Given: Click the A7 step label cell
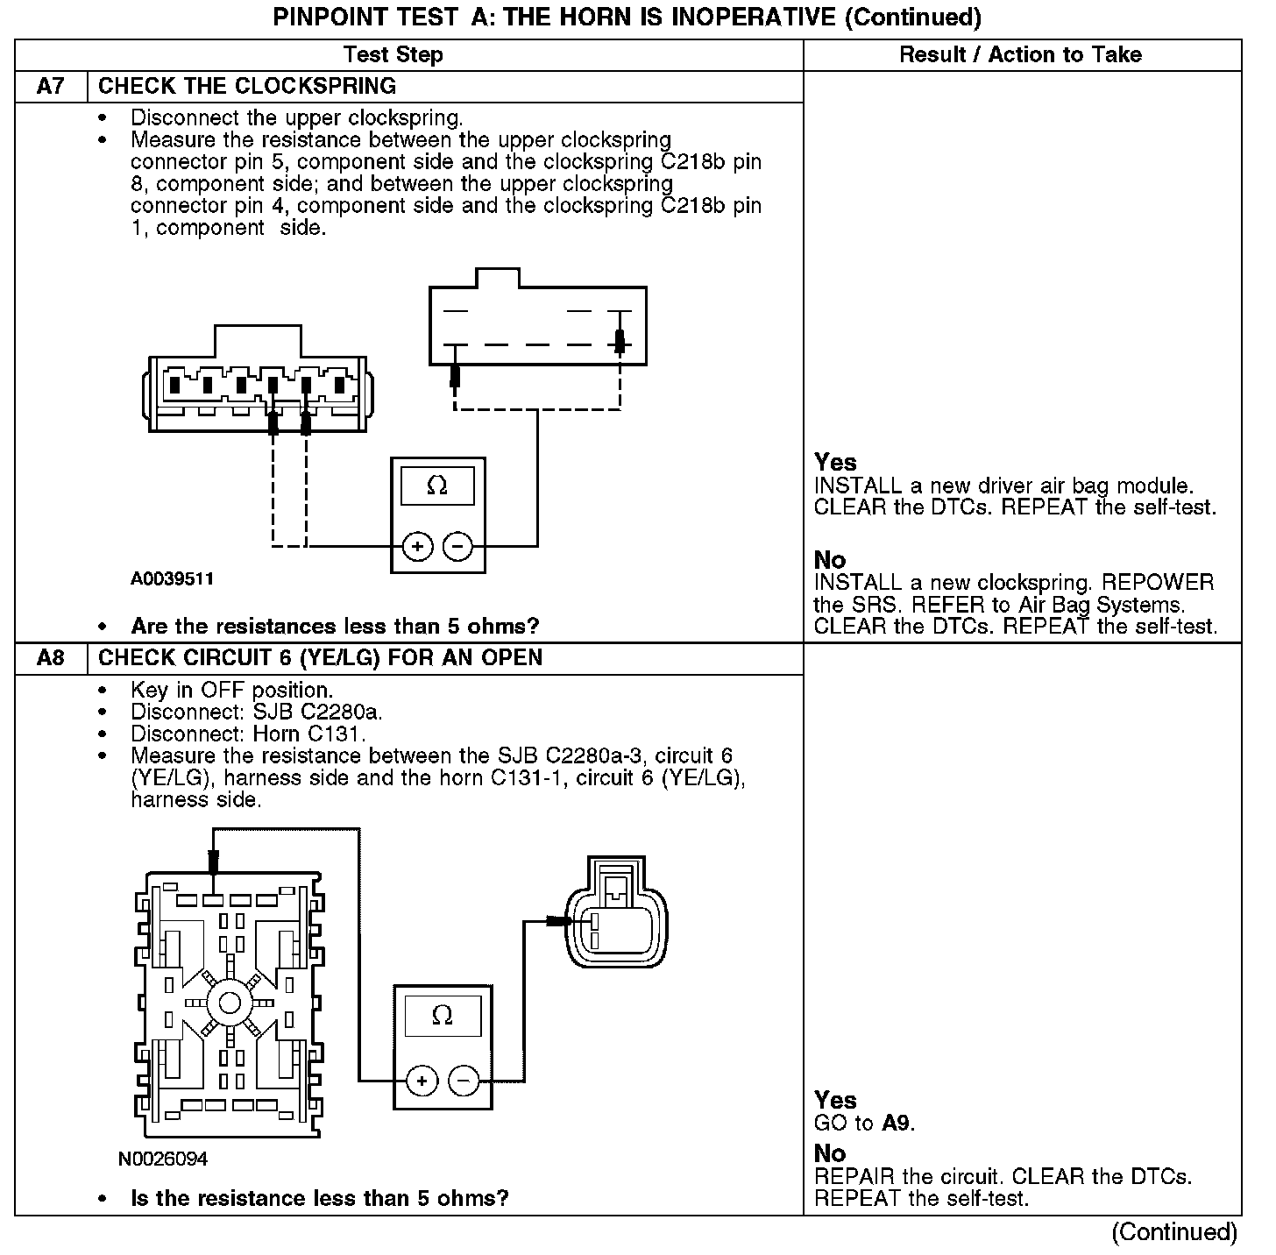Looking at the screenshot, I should click(51, 86).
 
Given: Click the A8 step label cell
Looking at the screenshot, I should click(51, 658).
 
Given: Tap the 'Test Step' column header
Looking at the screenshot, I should click(393, 54).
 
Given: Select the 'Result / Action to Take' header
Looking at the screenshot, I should click(1020, 54).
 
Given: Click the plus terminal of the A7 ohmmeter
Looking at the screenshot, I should click(418, 547).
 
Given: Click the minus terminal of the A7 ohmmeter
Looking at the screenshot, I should click(457, 547).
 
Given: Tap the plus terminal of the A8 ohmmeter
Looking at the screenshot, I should click(422, 1081).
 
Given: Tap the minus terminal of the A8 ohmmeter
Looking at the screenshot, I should click(464, 1081).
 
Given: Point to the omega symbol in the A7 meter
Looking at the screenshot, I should click(436, 485).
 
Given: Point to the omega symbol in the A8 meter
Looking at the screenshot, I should click(443, 1015).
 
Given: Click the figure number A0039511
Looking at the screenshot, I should click(173, 579).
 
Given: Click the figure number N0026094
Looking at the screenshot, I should click(163, 1159).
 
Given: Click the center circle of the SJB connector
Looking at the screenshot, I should click(230, 1003).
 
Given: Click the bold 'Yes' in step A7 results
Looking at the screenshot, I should click(835, 462).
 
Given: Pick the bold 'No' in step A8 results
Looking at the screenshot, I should click(830, 1153).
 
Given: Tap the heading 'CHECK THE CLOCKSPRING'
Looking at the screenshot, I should click(247, 86).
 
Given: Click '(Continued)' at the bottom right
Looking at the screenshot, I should click(1174, 1232).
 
